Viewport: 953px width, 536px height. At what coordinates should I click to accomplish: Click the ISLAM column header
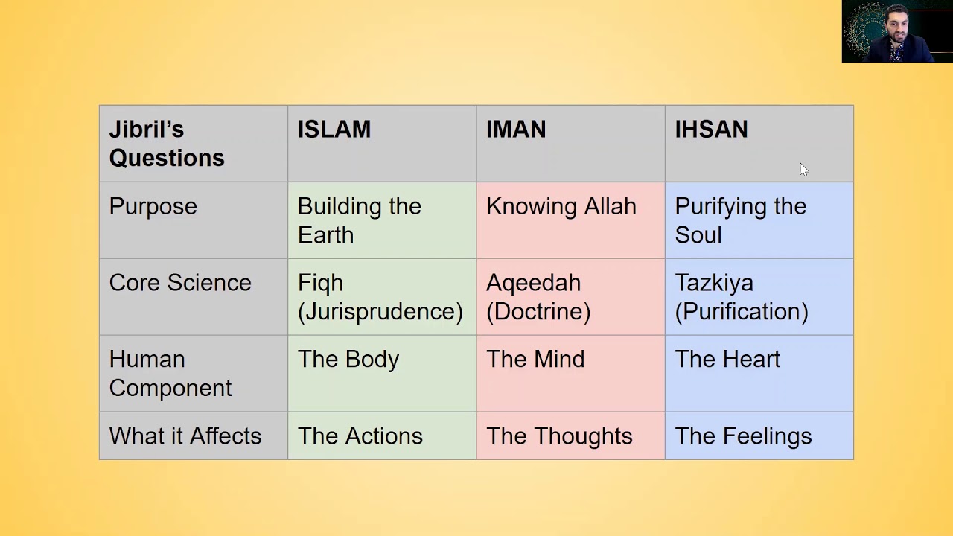pos(334,130)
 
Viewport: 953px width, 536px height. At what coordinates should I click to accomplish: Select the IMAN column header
pos(516,130)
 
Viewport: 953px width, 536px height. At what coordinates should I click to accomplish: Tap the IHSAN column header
pos(711,130)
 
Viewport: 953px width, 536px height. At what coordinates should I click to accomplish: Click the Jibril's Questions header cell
pos(167,144)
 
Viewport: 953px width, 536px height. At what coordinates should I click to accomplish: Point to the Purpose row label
pos(153,207)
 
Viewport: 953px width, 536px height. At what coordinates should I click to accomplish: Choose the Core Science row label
pos(180,283)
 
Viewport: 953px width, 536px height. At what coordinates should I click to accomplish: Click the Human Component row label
pos(170,374)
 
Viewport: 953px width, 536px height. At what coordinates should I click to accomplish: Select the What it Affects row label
pos(185,436)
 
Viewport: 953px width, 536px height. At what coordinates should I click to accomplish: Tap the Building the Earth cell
pos(360,220)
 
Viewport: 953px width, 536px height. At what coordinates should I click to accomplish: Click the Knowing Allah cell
pos(561,207)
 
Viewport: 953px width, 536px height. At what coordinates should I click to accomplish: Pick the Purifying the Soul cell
pos(740,220)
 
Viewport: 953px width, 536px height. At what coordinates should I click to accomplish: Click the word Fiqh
pos(320,283)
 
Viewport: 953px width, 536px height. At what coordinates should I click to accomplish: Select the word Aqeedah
pos(533,283)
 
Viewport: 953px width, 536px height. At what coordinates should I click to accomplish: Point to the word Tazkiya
pos(714,283)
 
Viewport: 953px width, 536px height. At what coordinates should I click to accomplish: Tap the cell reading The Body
pos(348,360)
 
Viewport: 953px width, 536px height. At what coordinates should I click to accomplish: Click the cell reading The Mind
pos(535,360)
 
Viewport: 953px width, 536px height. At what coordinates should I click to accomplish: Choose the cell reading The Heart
pos(727,360)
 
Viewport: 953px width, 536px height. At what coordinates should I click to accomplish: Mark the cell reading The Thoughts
pos(559,436)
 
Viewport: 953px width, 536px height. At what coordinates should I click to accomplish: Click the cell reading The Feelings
pos(743,436)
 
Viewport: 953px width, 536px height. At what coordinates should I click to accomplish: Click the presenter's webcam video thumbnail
pos(896,31)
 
